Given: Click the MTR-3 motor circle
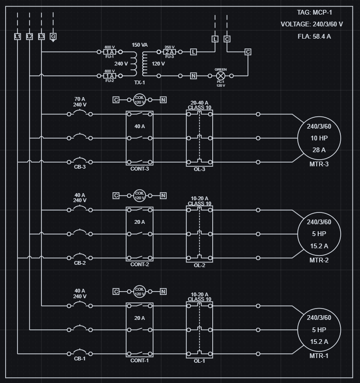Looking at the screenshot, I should coord(319,138).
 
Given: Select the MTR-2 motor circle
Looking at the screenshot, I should coord(319,234).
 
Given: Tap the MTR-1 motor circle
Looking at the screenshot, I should coord(319,330).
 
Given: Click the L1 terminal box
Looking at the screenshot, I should coord(17,36).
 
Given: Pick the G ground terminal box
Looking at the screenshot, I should coord(53,36).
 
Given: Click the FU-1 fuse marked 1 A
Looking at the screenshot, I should coord(110,52).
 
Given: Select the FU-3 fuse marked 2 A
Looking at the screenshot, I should coord(169,52).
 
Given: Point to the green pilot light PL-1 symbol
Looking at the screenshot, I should coord(221,75).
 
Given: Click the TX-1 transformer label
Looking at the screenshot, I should coord(140,82).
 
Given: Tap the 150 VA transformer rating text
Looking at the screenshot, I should coord(140,45).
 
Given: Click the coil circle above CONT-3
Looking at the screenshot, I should coord(140,99).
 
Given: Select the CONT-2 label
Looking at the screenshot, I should coord(140,264).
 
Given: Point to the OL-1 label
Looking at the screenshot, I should coord(200,361).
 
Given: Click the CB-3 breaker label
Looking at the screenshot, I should coord(80,167).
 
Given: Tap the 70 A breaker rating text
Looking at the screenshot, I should coord(80,99).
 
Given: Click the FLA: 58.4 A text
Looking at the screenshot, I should coord(314,36).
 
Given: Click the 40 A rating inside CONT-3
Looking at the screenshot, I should coord(140,126).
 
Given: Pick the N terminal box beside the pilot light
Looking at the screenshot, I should coord(193,75).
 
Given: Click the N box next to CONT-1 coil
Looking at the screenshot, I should coord(163,292).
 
